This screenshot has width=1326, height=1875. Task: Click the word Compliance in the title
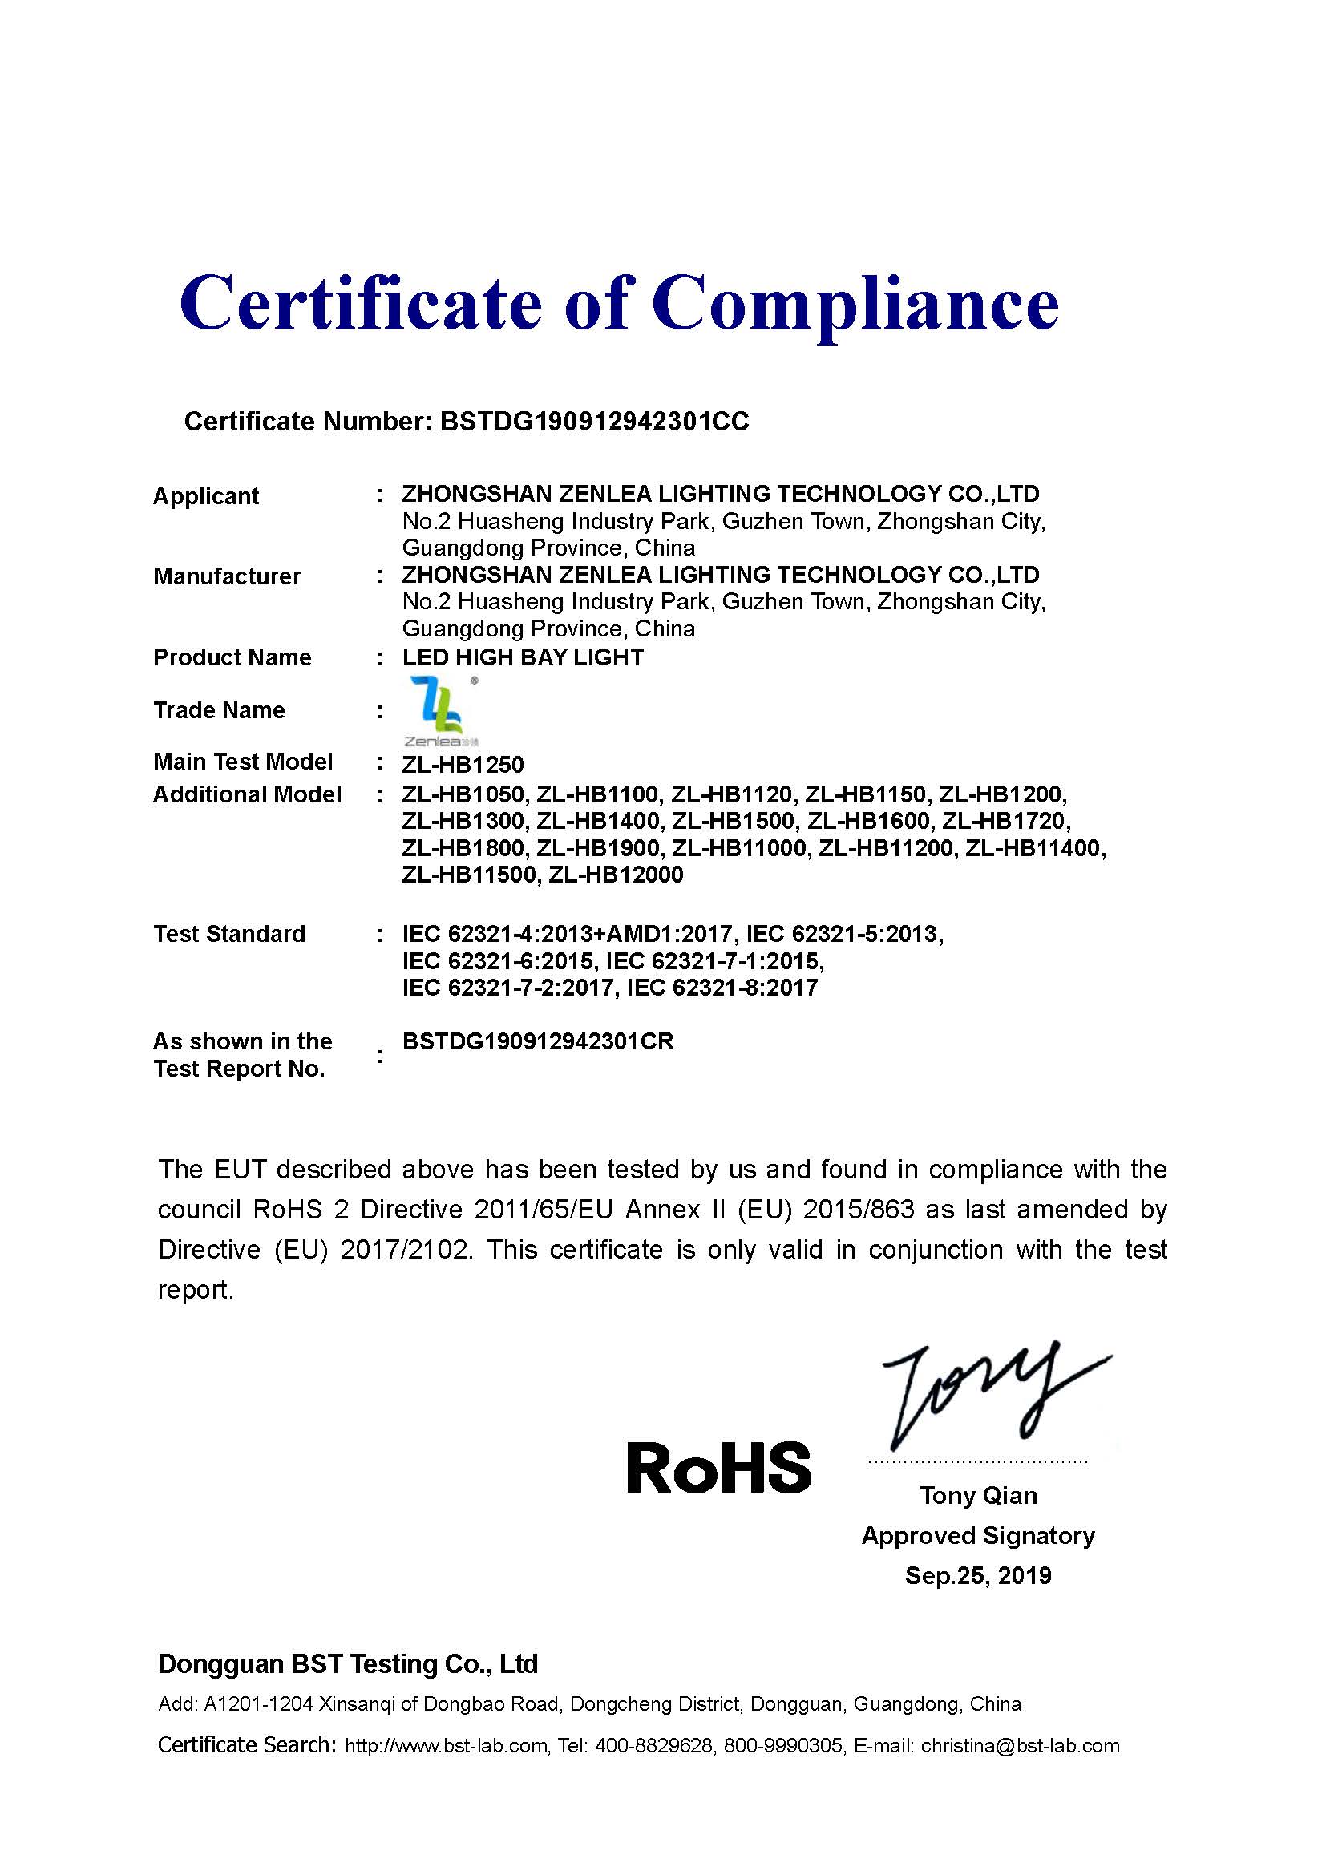855,304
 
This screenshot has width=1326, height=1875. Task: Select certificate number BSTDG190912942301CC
593,422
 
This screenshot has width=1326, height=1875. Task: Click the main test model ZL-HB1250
462,765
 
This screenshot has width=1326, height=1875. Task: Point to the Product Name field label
232,657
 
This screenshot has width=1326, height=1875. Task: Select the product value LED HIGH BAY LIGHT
523,657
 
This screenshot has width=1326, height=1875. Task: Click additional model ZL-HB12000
616,875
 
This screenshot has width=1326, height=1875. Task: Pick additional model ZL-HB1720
1006,820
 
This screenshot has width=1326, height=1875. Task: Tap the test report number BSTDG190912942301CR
538,1041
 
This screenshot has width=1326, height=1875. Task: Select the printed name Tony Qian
978,1495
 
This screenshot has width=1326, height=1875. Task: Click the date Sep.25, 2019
978,1575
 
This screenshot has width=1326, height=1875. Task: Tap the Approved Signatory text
978,1535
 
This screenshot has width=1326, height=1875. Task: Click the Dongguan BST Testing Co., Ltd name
348,1663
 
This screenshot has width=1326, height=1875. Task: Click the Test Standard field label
228,933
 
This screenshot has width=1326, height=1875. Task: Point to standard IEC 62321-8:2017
722,988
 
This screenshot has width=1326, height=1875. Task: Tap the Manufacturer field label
227,576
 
